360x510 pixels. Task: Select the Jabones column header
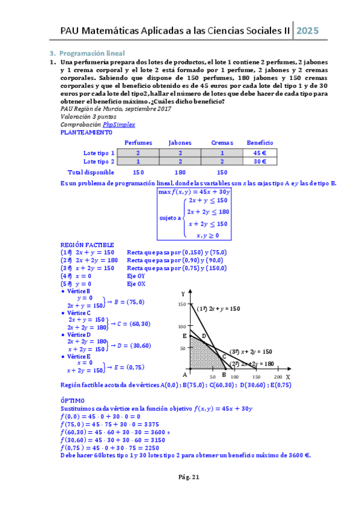(x=180, y=143)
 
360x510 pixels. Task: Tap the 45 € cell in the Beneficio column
(x=260, y=153)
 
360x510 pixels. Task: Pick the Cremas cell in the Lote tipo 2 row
(x=222, y=162)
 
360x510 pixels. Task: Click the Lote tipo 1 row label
(x=99, y=153)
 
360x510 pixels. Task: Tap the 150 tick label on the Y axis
(x=182, y=305)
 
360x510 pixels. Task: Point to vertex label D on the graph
(x=204, y=336)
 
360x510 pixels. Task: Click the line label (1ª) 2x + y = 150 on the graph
(x=219, y=309)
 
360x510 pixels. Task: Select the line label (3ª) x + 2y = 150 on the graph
(x=251, y=351)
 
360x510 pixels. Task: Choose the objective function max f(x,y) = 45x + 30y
(x=194, y=192)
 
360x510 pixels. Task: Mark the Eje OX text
(x=135, y=283)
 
